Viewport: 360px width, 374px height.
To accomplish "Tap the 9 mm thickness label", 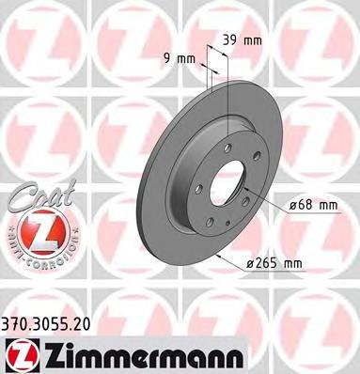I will [180, 59].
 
